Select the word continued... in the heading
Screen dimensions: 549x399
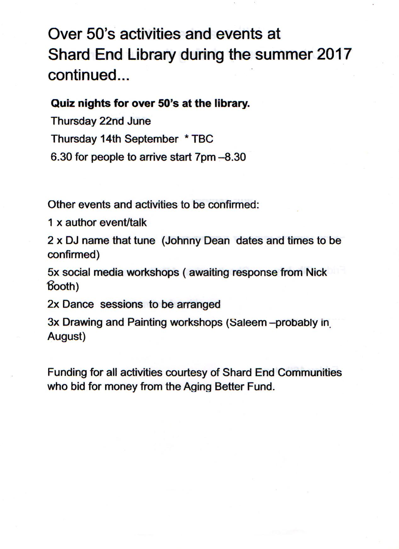pyautogui.click(x=89, y=75)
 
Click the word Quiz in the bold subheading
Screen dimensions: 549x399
pyautogui.click(x=63, y=103)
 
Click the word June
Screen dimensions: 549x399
pyautogui.click(x=139, y=121)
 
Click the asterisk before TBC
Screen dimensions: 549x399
pyautogui.click(x=187, y=138)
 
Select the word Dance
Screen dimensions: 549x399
pyautogui.click(x=78, y=304)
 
